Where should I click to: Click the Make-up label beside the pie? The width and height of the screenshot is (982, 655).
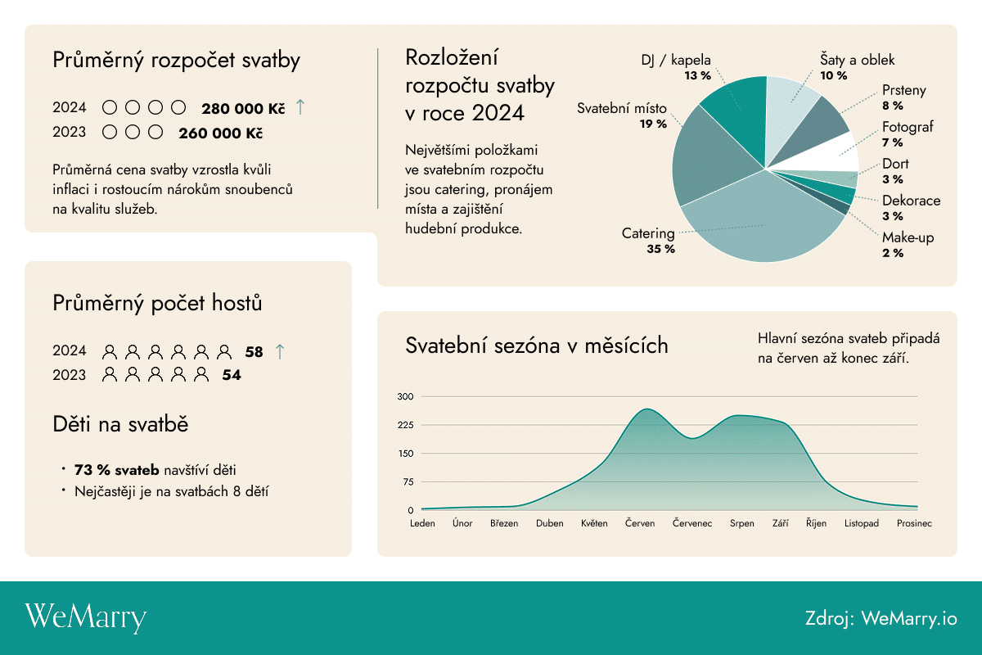click(908, 237)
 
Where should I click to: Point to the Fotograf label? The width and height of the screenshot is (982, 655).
click(908, 127)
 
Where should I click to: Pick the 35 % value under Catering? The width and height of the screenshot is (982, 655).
click(660, 249)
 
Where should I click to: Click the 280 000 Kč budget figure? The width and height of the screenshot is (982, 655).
click(243, 108)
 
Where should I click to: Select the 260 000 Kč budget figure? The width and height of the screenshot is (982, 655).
click(220, 133)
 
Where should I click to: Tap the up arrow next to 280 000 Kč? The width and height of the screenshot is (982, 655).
click(300, 106)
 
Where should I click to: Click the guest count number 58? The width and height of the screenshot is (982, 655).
click(254, 352)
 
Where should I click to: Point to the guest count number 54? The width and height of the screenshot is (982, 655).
click(232, 376)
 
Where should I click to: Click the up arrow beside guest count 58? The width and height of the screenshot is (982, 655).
click(280, 351)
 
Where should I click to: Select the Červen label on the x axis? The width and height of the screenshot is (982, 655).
click(639, 523)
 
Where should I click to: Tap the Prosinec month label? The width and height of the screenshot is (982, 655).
click(914, 523)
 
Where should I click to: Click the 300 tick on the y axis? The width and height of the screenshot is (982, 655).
click(406, 397)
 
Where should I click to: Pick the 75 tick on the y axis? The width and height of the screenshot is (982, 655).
click(408, 482)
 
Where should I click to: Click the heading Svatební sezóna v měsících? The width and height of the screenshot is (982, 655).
click(537, 346)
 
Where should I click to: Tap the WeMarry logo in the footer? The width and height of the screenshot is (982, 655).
click(86, 618)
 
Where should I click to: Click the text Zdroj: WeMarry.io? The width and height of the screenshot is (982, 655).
click(881, 618)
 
